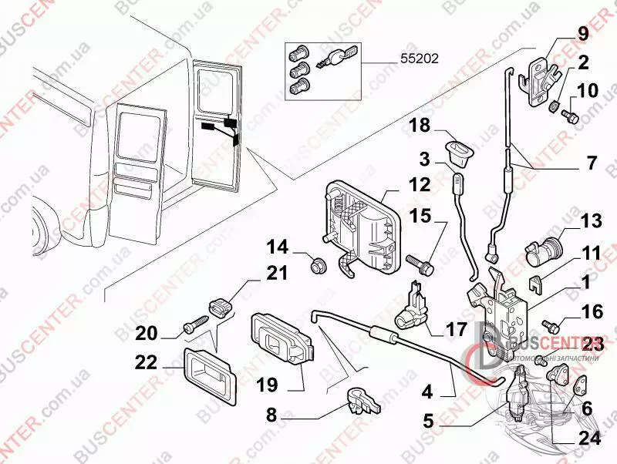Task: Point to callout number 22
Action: pos(146,362)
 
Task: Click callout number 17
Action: pos(456,329)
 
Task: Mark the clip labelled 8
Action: pos(357,401)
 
